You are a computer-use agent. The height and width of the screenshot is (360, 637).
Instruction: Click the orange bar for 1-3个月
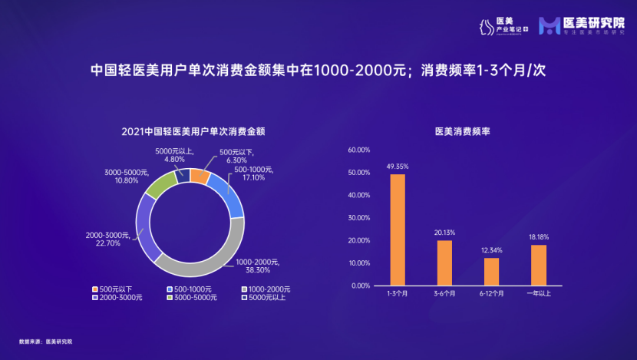(x=398, y=230)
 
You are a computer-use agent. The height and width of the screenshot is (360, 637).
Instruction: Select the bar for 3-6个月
(x=444, y=263)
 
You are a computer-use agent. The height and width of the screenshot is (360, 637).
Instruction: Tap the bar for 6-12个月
(x=491, y=272)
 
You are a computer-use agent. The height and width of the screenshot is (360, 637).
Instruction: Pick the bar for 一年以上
(x=539, y=265)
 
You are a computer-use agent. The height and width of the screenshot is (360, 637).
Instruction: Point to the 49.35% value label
(x=397, y=166)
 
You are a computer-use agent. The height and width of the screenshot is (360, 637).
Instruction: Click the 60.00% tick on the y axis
(x=359, y=150)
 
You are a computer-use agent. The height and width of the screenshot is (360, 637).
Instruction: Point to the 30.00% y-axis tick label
(x=359, y=218)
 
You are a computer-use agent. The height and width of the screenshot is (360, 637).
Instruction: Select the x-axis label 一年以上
(x=539, y=294)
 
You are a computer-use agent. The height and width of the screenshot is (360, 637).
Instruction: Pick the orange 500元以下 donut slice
(x=200, y=176)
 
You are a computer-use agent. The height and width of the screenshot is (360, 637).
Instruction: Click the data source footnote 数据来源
(x=45, y=340)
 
